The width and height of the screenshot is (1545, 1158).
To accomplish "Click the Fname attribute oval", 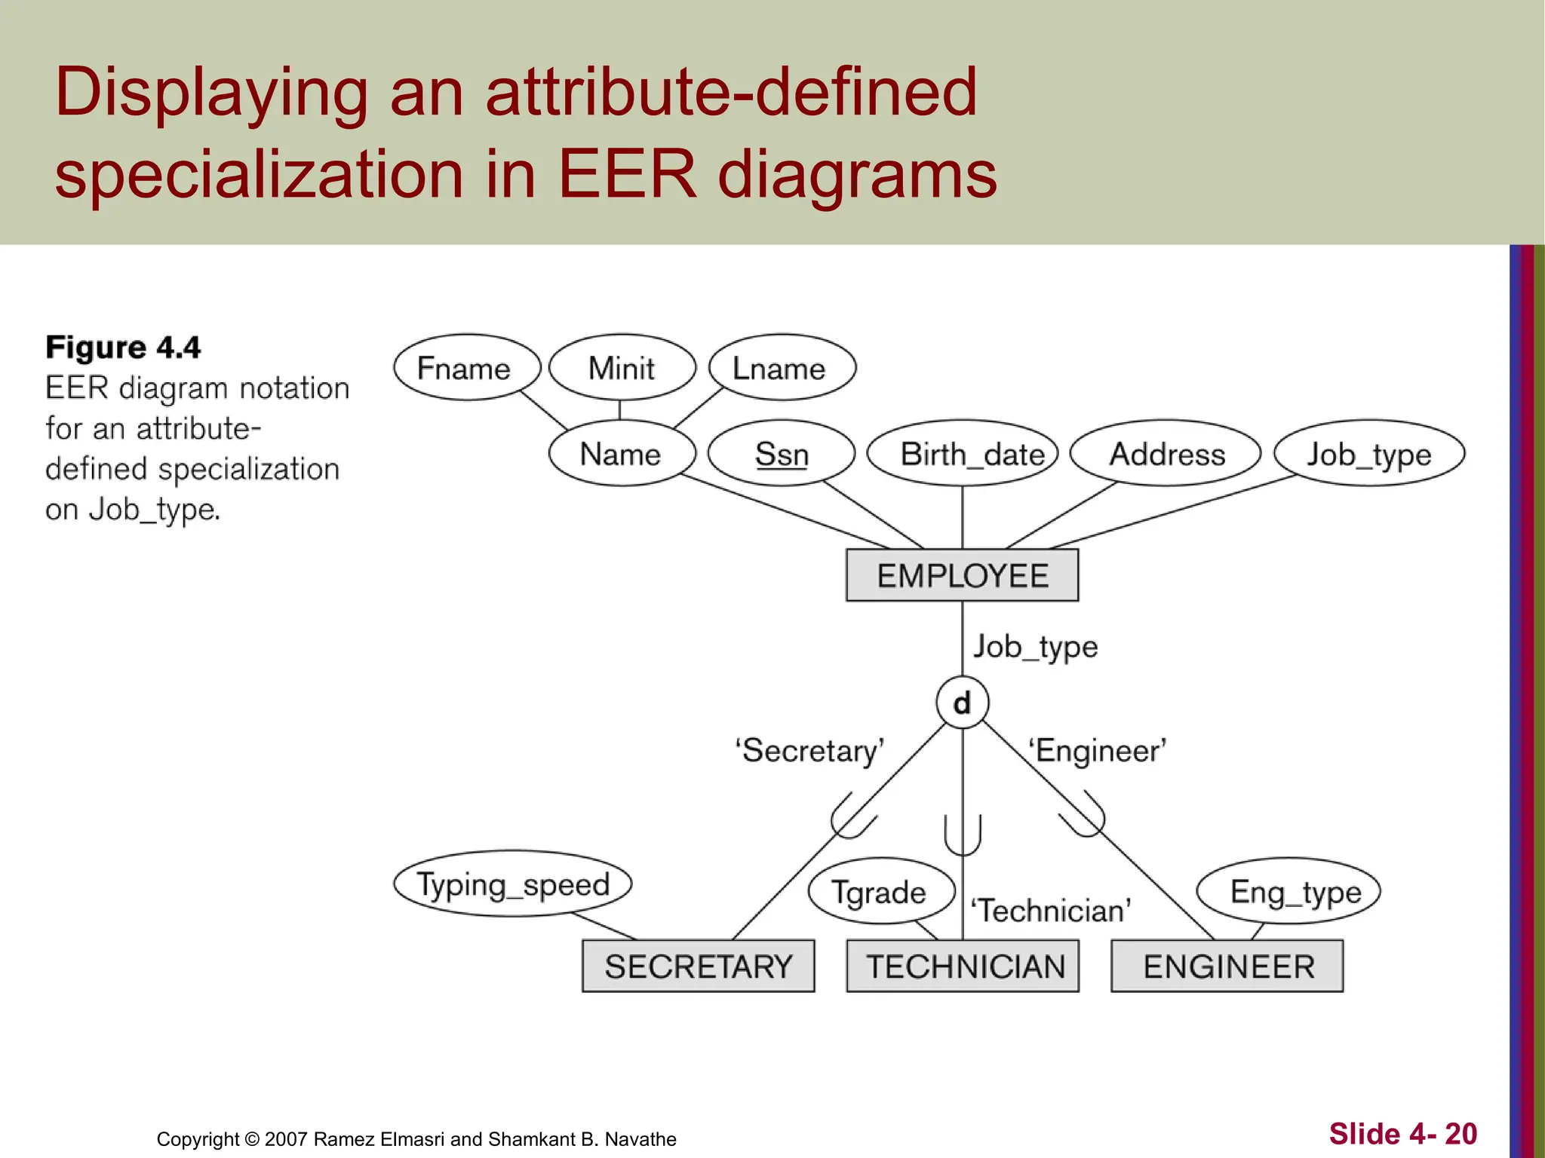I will coord(466,368).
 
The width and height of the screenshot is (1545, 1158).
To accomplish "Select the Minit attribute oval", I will coord(622,368).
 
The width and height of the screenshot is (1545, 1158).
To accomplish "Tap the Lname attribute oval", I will coord(782,368).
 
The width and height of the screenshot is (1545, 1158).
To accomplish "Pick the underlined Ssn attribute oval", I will coord(782,454).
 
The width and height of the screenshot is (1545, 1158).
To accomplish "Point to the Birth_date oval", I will coord(963,454).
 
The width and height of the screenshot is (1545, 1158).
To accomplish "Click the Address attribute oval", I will coord(1166,454).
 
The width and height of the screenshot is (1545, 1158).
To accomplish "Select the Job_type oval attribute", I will coord(1368,454).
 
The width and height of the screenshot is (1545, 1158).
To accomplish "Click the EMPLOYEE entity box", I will coord(962,576).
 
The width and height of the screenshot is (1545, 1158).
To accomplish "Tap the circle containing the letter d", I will coord(962,703).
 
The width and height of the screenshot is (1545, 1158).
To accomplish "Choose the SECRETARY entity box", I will coord(698,967).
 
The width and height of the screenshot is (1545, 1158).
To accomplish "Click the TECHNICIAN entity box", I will coord(963,967).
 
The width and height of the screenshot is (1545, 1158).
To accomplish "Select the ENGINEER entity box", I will coord(1227,967).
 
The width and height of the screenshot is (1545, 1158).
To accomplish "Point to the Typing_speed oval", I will coord(512,884).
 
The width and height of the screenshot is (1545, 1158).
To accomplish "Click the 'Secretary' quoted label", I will coord(809,751).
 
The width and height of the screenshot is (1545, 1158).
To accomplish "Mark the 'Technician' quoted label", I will coord(1051,911).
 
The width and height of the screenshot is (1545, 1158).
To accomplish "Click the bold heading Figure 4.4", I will coord(123,348).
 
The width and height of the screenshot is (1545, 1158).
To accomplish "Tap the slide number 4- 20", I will coord(1402,1134).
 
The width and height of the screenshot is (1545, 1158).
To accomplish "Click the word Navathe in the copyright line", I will coord(640,1139).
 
